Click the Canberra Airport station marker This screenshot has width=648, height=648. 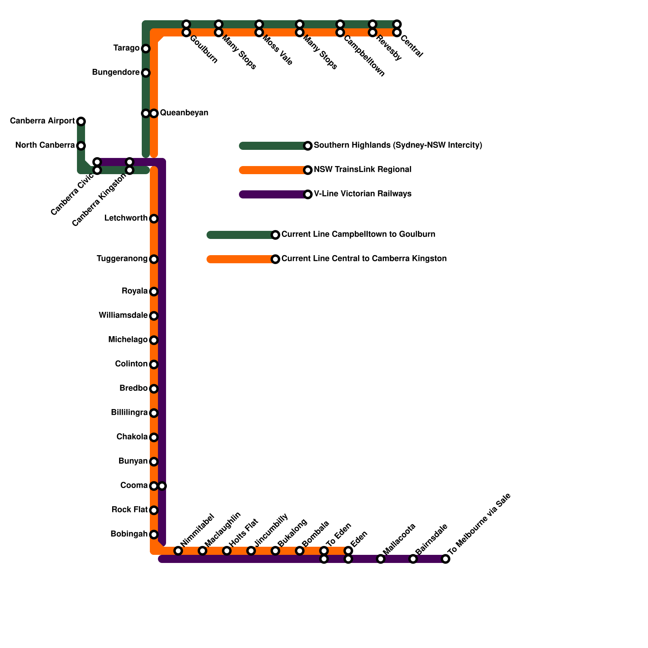pos(81,121)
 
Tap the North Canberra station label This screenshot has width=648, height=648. pos(45,145)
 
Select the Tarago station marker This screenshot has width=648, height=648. pos(146,49)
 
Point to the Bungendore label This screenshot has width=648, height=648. pos(116,72)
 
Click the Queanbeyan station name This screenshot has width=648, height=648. pos(184,113)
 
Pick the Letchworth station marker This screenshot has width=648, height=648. pos(154,219)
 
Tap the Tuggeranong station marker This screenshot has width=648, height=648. pos(154,259)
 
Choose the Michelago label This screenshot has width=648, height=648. pos(128,340)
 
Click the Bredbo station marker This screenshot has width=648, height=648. pos(154,389)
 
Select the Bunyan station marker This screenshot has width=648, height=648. pos(154,462)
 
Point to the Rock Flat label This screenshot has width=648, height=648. pos(129,510)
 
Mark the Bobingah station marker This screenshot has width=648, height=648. pos(154,535)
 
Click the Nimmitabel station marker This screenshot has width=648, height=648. pos(178,551)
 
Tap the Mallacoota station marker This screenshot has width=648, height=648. pos(381,559)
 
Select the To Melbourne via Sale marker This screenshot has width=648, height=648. pos(446,559)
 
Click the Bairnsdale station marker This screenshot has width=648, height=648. pos(413,559)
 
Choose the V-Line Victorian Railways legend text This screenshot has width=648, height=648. pos(362,194)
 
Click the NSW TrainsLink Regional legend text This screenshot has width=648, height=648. pos(362,170)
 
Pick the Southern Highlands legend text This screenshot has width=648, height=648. pos(398,145)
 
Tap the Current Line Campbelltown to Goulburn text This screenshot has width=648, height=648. pos(358,234)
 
